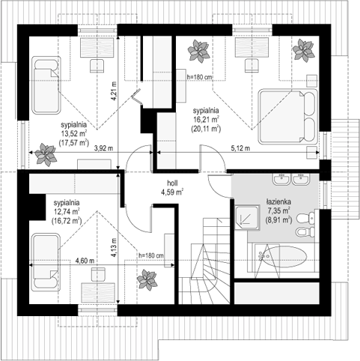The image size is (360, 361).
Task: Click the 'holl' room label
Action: click(172, 183)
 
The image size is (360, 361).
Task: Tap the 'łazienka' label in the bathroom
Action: click(278, 201)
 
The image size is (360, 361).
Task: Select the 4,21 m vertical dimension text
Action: click(114, 91)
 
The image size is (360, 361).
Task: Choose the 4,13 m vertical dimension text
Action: click(114, 247)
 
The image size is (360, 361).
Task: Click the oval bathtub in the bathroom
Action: click(283, 256)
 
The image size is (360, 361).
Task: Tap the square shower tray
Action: click(247, 218)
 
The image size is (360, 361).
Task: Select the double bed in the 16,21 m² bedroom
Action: click(288, 117)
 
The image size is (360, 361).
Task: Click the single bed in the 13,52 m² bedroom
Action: click(46, 85)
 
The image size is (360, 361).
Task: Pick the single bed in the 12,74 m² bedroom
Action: click(46, 262)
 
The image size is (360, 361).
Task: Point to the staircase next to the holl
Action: click(205, 261)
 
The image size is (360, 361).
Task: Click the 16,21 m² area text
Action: click(206, 120)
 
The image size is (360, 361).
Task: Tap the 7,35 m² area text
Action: click(278, 211)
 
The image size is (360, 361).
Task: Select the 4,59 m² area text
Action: click(172, 192)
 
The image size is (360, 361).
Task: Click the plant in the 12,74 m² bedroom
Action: click(147, 279)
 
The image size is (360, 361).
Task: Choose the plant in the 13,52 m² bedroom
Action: click(46, 154)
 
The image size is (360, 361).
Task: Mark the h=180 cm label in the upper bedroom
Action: click(199, 77)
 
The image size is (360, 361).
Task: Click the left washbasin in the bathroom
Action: click(281, 179)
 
